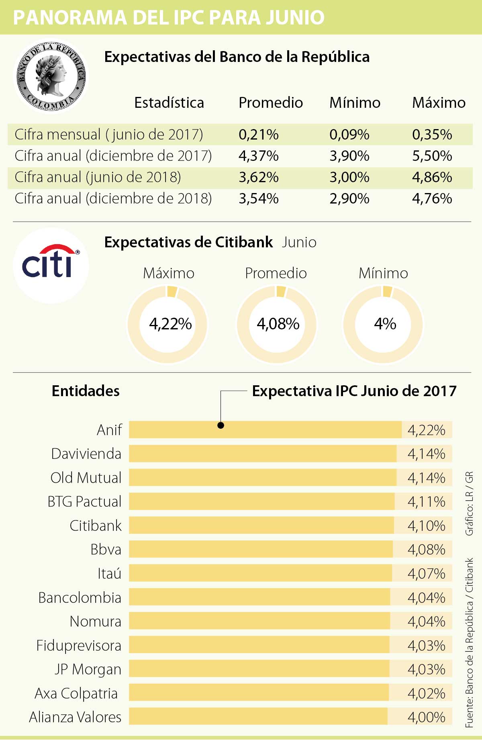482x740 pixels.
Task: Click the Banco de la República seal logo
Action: tap(51, 76)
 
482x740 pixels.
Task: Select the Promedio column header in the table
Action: tap(270, 103)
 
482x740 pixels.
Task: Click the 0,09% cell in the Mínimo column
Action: tap(349, 134)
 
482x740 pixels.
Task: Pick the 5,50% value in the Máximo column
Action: tap(432, 156)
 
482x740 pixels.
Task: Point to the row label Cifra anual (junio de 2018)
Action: tap(98, 177)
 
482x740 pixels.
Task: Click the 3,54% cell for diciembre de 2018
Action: tap(258, 199)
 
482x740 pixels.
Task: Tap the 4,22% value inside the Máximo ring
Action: tap(170, 324)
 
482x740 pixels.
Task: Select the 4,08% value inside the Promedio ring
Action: tap(278, 324)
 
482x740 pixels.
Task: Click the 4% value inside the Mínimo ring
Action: tap(385, 324)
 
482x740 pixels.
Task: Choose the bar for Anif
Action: tap(265, 430)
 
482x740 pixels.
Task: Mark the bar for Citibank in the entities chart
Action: tap(261, 525)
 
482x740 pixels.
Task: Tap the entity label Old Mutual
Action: tap(86, 478)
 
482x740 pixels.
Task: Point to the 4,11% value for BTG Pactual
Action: tap(426, 502)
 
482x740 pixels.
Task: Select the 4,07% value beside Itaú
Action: tap(426, 573)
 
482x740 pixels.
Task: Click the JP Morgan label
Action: tap(88, 669)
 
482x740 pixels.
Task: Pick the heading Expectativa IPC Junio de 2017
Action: tap(354, 391)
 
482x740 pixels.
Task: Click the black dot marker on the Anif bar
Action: tap(221, 425)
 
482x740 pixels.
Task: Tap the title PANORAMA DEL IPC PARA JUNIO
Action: tap(169, 18)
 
